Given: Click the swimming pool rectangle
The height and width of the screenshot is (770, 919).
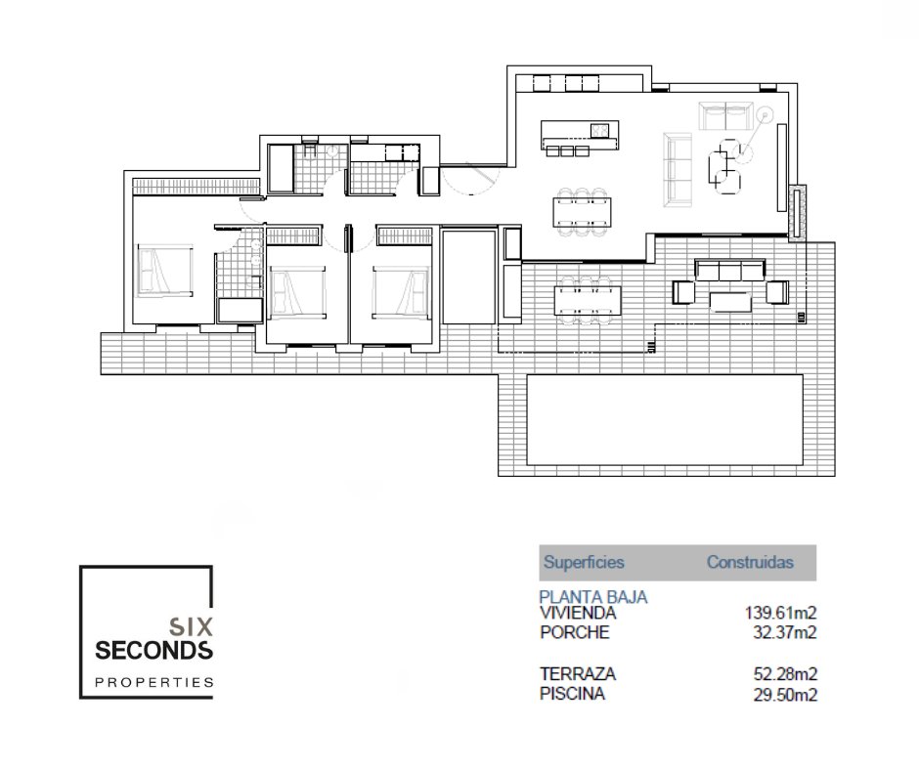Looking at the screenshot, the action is point(665,419).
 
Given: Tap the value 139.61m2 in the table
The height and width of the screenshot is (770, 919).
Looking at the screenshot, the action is point(780,614).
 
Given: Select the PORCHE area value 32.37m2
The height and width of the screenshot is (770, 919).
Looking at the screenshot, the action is point(784,633).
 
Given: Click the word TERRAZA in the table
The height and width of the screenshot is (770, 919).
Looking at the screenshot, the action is point(577,674).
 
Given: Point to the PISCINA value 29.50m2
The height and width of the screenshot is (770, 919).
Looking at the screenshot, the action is point(785,695).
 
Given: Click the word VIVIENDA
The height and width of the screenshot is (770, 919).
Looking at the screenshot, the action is point(578,614).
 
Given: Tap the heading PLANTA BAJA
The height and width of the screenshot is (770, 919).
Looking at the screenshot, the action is point(593,597).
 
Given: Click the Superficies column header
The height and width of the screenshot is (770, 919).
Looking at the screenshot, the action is point(584,563).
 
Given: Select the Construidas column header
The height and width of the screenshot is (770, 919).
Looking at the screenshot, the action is point(750,563).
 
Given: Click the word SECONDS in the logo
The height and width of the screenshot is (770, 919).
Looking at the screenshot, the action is point(153,651).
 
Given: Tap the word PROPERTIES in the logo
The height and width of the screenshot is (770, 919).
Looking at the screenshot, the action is point(154,682).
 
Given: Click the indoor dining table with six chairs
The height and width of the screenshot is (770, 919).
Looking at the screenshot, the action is point(582,212).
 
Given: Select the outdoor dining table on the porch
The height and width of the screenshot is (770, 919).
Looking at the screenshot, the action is point(588,299).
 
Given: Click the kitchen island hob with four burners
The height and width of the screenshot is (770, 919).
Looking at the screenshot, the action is point(599,130).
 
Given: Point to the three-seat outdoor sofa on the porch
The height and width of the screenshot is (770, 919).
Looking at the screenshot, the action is point(729,270).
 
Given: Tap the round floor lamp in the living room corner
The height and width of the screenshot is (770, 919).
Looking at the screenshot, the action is point(765,114).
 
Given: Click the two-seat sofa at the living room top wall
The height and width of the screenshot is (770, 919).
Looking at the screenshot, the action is point(725,116).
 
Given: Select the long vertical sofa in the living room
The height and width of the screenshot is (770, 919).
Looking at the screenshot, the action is point(678,170).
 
